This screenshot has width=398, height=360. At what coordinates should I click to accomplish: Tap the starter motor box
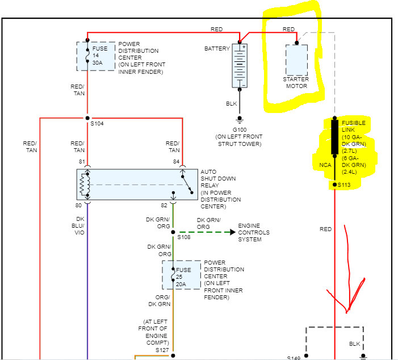coord(296,60)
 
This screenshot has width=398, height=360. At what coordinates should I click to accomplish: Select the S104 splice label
coord(97,124)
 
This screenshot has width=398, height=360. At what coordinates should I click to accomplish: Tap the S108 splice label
coord(184,237)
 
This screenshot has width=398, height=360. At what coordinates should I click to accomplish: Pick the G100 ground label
coord(239,129)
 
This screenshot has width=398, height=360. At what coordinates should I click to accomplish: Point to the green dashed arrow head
coord(232,232)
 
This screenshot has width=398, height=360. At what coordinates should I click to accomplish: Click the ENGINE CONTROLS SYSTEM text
coord(254,232)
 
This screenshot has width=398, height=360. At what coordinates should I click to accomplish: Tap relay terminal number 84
coord(175,162)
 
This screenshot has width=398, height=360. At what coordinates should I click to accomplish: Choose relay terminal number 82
coord(165,204)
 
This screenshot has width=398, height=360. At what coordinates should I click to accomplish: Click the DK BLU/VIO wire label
coord(80,226)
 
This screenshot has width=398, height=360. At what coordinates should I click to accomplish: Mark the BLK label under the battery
coord(231,104)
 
